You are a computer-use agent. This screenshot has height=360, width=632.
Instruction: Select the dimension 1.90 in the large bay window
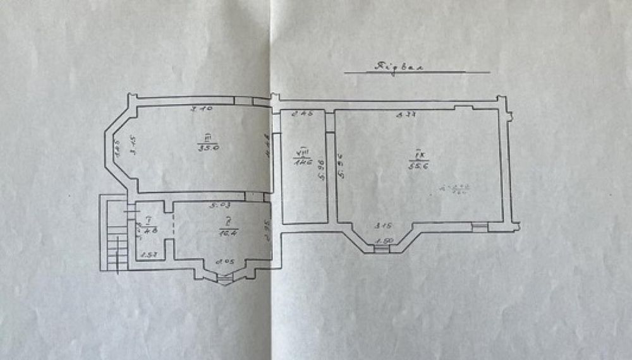point(382,241)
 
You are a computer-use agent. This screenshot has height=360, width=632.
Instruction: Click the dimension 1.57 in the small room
point(148,255)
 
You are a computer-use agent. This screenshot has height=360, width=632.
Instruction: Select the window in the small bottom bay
point(225,277)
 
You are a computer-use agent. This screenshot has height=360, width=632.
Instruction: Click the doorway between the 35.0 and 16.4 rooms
point(254,196)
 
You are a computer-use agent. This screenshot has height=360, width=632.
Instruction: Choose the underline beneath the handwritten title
point(417,73)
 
